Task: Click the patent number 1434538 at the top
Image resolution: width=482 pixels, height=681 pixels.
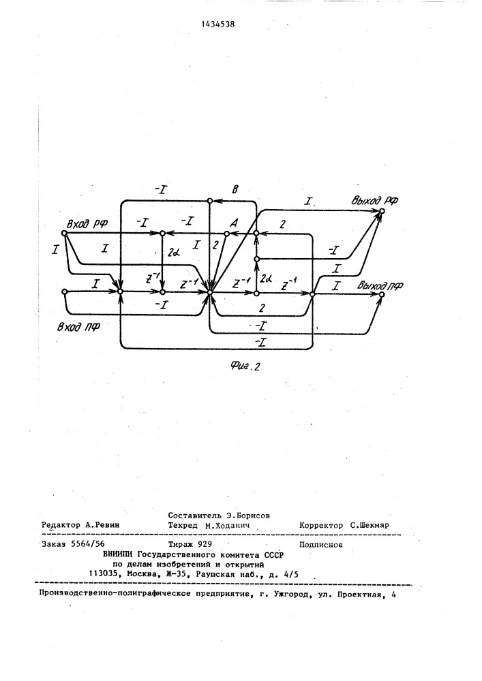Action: click(218, 25)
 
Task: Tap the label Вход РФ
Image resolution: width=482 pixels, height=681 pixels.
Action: click(87, 223)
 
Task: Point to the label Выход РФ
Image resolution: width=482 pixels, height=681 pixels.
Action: click(375, 200)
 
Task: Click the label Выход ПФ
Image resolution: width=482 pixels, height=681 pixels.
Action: click(380, 286)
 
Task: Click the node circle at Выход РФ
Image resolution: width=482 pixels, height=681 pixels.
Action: click(382, 211)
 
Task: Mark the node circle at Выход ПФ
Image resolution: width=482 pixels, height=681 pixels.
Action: click(382, 294)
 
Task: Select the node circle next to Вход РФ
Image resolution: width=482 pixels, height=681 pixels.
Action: click(64, 233)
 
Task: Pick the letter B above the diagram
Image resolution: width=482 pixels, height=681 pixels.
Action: click(235, 189)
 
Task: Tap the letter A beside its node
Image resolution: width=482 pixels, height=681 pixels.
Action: click(234, 223)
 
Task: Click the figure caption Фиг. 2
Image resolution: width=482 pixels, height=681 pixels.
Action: click(245, 366)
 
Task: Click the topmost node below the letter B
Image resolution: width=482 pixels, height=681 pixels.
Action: click(209, 201)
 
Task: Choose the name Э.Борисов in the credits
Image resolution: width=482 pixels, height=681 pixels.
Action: click(248, 516)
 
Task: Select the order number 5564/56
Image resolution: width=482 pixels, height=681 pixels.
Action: click(88, 543)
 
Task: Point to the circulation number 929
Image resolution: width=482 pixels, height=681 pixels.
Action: click(205, 543)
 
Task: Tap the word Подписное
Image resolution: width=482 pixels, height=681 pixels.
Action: click(320, 545)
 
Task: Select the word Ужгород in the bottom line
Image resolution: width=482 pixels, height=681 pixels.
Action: click(290, 595)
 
